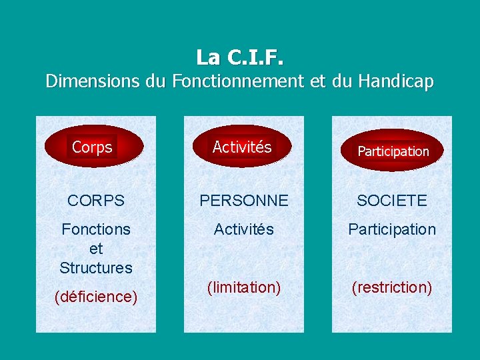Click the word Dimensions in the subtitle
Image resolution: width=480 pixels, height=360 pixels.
[x=93, y=82]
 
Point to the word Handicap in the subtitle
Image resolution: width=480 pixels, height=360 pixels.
[x=396, y=82]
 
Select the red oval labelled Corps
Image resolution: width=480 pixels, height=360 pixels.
[x=93, y=147]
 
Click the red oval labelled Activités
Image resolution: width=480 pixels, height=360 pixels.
[x=242, y=147]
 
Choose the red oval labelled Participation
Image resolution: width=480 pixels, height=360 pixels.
[x=393, y=151]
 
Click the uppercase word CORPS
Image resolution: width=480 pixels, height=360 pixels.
[x=96, y=201]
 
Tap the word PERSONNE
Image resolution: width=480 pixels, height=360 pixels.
[x=243, y=201]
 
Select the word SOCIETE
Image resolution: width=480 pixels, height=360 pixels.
[x=392, y=201]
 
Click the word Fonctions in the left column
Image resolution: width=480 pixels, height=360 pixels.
[x=96, y=229]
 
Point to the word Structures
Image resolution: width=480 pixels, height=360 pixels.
[x=96, y=268]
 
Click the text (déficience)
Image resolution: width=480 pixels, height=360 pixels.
[x=96, y=297]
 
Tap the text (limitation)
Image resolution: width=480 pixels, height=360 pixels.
[x=243, y=287]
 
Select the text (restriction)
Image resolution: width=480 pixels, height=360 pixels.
[x=392, y=287]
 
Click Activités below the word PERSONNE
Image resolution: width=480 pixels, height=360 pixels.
[x=243, y=229]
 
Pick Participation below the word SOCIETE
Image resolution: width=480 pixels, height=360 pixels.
[x=392, y=229]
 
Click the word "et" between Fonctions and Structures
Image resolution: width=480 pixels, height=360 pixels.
[x=96, y=249]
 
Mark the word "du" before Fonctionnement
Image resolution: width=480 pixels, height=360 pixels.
[x=155, y=82]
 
